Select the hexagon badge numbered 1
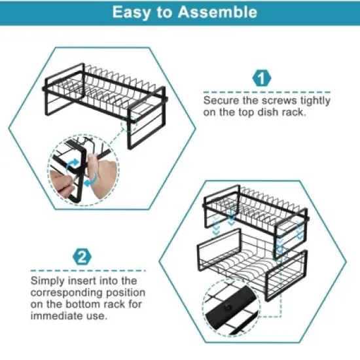(x=262, y=80)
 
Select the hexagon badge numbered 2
(x=82, y=256)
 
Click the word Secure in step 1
(x=219, y=101)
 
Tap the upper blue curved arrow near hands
(x=71, y=161)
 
